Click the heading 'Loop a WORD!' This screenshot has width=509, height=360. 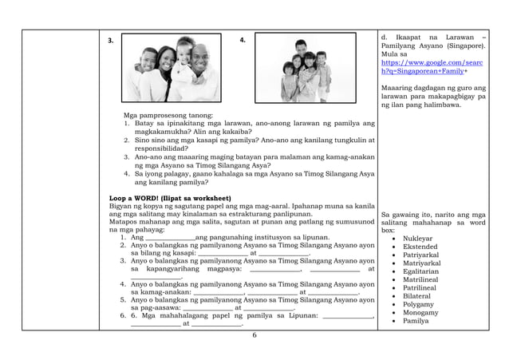(171, 196)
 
